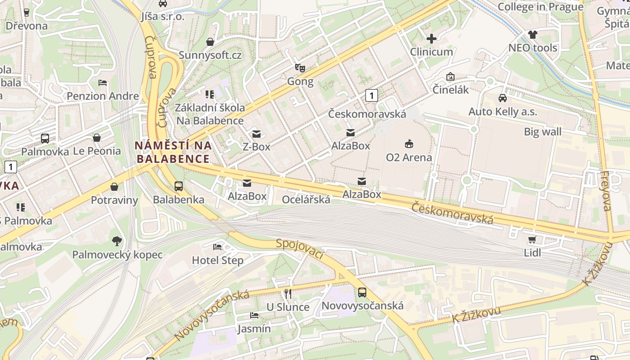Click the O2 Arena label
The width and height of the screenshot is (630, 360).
tap(409, 157)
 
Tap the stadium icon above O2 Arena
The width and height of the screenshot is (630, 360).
tap(409, 144)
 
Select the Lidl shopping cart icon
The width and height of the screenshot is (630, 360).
tap(532, 239)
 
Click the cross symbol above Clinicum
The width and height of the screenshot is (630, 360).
tap(432, 39)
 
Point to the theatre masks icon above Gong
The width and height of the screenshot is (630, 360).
tap(300, 68)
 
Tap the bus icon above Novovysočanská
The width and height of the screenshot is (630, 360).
tap(362, 292)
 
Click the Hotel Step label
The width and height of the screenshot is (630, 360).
tap(217, 260)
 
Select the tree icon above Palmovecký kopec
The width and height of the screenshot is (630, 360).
tap(117, 241)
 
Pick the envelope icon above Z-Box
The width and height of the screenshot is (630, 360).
tap(256, 134)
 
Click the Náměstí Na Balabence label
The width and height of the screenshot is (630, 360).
tap(173, 152)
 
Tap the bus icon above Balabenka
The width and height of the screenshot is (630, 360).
tap(179, 186)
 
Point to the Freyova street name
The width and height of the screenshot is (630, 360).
tap(606, 191)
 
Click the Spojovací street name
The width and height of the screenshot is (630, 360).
tap(300, 249)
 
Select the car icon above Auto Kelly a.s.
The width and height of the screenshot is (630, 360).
tap(503, 98)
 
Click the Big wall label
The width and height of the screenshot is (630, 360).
tap(542, 131)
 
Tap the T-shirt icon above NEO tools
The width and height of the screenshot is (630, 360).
tap(533, 34)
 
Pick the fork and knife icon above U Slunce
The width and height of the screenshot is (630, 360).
tap(288, 294)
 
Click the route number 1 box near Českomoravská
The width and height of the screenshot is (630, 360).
tap(371, 95)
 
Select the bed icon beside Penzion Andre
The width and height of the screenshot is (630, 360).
tap(103, 83)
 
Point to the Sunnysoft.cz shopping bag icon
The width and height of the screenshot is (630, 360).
tap(210, 42)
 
